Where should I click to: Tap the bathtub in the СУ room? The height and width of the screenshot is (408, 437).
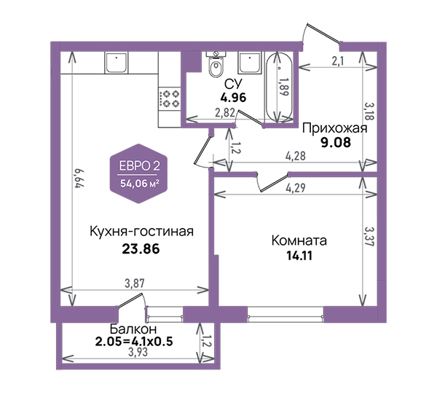pos(279,87)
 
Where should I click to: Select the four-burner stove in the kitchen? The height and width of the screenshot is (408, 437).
pos(169,99)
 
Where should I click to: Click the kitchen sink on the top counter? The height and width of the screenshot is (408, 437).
pos(117,63)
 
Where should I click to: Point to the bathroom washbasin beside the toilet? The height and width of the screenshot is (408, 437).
pos(250,63)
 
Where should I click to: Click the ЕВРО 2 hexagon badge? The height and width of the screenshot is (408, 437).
pos(139,173)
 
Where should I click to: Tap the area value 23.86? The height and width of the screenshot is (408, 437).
pos(141,248)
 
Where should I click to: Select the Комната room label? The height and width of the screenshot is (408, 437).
pos(299,240)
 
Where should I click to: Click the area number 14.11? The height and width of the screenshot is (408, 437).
pos(299,256)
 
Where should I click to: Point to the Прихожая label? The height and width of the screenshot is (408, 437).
pos(335,128)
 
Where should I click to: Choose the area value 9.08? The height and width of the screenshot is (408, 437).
pos(336,143)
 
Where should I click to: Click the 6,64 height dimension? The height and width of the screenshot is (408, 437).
pos(79,178)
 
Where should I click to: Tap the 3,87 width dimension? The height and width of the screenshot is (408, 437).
pos(135,283)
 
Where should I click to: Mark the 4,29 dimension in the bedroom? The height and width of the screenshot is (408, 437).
pos(296,188)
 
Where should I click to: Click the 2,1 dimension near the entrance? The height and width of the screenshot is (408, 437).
pos(337,61)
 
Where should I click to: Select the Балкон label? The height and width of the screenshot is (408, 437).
pos(133,329)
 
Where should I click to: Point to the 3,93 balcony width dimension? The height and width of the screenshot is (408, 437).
pos(138,352)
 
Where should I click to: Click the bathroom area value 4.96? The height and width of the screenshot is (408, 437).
pos(233,98)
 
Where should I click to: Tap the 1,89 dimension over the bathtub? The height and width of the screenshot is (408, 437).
pos(283,87)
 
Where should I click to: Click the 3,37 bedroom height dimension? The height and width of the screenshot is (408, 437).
pos(369,236)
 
